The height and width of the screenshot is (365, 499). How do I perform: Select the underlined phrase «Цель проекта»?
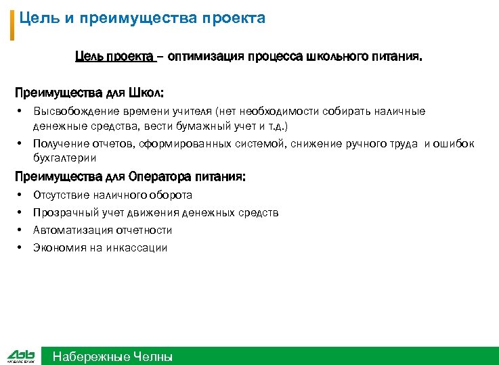point(114,59)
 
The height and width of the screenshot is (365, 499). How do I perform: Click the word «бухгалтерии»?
point(65,158)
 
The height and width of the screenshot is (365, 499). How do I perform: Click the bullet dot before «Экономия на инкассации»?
point(21,247)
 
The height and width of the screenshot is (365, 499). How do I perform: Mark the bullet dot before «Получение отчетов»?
point(21,143)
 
